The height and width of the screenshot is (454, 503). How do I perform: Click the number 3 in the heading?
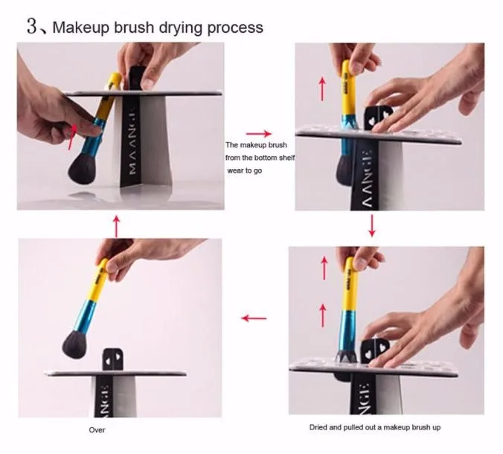pyautogui.click(x=32, y=26)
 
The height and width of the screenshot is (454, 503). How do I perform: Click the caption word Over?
pyautogui.click(x=97, y=430)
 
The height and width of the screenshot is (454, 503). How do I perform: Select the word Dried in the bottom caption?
pyautogui.click(x=317, y=427)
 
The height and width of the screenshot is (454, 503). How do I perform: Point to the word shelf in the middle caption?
pyautogui.click(x=286, y=158)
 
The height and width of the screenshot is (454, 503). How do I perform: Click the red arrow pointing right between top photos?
pyautogui.click(x=259, y=133)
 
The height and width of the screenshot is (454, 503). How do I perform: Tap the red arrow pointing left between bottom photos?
pyautogui.click(x=254, y=319)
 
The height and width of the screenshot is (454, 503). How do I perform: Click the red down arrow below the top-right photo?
pyautogui.click(x=372, y=226)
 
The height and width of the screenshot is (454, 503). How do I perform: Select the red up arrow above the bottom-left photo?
pyautogui.click(x=116, y=226)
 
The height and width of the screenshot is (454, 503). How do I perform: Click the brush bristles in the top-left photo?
pyautogui.click(x=82, y=169)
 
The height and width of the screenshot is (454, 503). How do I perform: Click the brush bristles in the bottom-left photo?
pyautogui.click(x=74, y=345)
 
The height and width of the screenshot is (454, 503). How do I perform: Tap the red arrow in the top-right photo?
pyautogui.click(x=322, y=89)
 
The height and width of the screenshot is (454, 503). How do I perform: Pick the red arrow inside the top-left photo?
pyautogui.click(x=73, y=137)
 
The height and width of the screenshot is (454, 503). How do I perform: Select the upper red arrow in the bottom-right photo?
pyautogui.click(x=324, y=268)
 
